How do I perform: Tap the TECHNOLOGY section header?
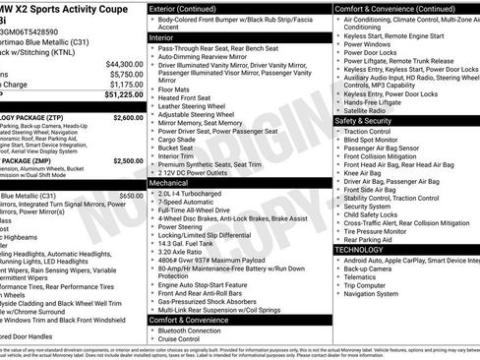point(360,249)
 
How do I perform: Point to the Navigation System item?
point(375,293)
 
